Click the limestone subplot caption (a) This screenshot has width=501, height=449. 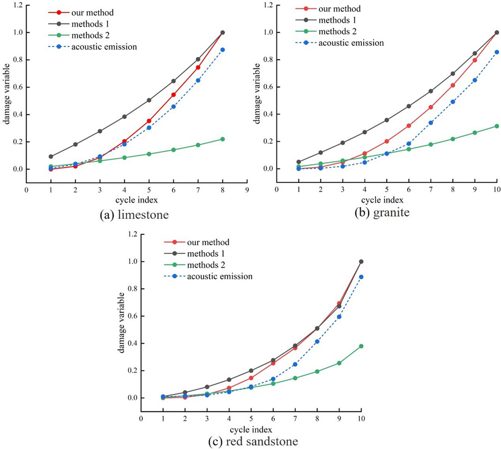[x=134, y=215]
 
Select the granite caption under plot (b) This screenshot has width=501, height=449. [x=382, y=212]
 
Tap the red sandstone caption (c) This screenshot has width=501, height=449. [x=253, y=441]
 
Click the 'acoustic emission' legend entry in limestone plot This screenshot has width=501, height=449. [x=104, y=47]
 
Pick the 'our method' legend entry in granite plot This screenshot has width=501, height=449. [x=339, y=9]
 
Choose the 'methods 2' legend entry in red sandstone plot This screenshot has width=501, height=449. [x=206, y=265]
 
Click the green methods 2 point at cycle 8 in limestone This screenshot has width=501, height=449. [x=223, y=139]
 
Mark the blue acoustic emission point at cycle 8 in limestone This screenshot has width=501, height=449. [x=223, y=50]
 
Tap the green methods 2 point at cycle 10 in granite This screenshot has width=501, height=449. [x=497, y=126]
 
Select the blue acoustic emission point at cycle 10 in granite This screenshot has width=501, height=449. [x=497, y=52]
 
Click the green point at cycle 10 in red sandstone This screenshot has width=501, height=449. [x=361, y=346]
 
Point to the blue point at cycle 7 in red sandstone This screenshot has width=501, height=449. [x=295, y=364]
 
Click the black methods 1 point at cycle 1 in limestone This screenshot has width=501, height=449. [x=51, y=156]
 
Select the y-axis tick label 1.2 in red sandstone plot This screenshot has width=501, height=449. [x=132, y=234]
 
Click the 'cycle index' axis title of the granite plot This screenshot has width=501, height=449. [x=382, y=200]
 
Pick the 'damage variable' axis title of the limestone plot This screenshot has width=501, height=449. [x=7, y=94]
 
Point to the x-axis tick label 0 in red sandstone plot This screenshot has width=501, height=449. [x=141, y=419]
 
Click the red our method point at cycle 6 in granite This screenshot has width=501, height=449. [x=409, y=126]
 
